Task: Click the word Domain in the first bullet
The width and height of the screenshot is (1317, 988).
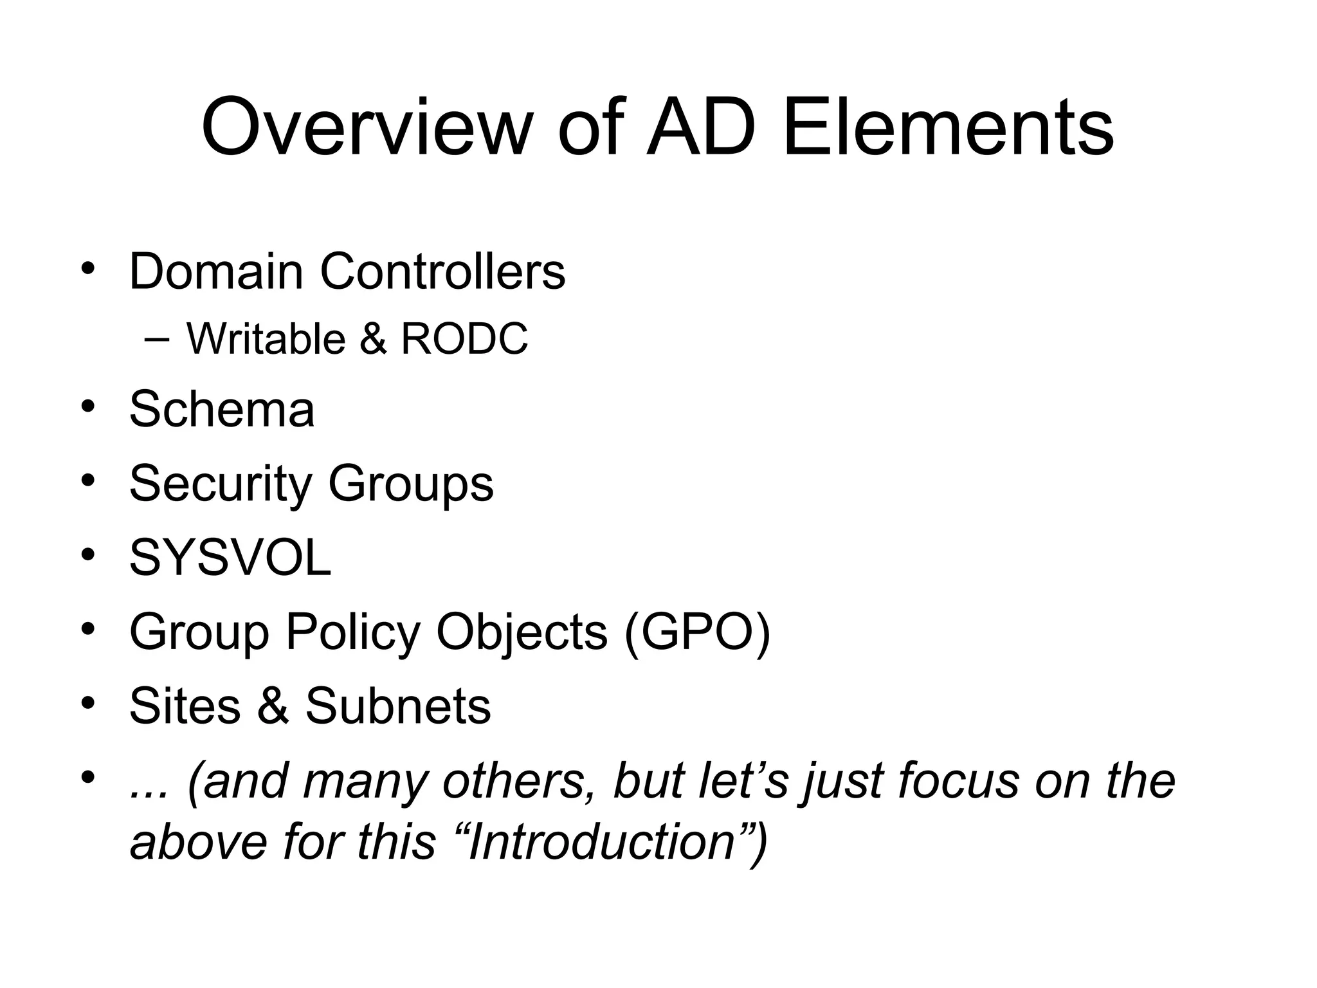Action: (x=216, y=271)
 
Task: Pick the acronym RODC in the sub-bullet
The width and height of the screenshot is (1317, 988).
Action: (x=464, y=339)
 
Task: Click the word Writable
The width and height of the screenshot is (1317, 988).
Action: (x=266, y=339)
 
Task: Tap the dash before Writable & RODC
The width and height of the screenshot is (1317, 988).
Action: (x=158, y=340)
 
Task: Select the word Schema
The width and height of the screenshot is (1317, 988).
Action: (x=222, y=409)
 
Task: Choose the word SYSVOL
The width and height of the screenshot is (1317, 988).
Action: (x=230, y=558)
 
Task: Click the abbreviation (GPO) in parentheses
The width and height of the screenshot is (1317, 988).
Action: (x=696, y=632)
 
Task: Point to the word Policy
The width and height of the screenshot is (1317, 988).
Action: (x=353, y=632)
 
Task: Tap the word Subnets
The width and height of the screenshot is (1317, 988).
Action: (x=398, y=706)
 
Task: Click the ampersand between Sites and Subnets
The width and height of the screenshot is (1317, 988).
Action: (x=273, y=706)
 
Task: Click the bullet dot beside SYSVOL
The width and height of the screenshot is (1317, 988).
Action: (x=88, y=554)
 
